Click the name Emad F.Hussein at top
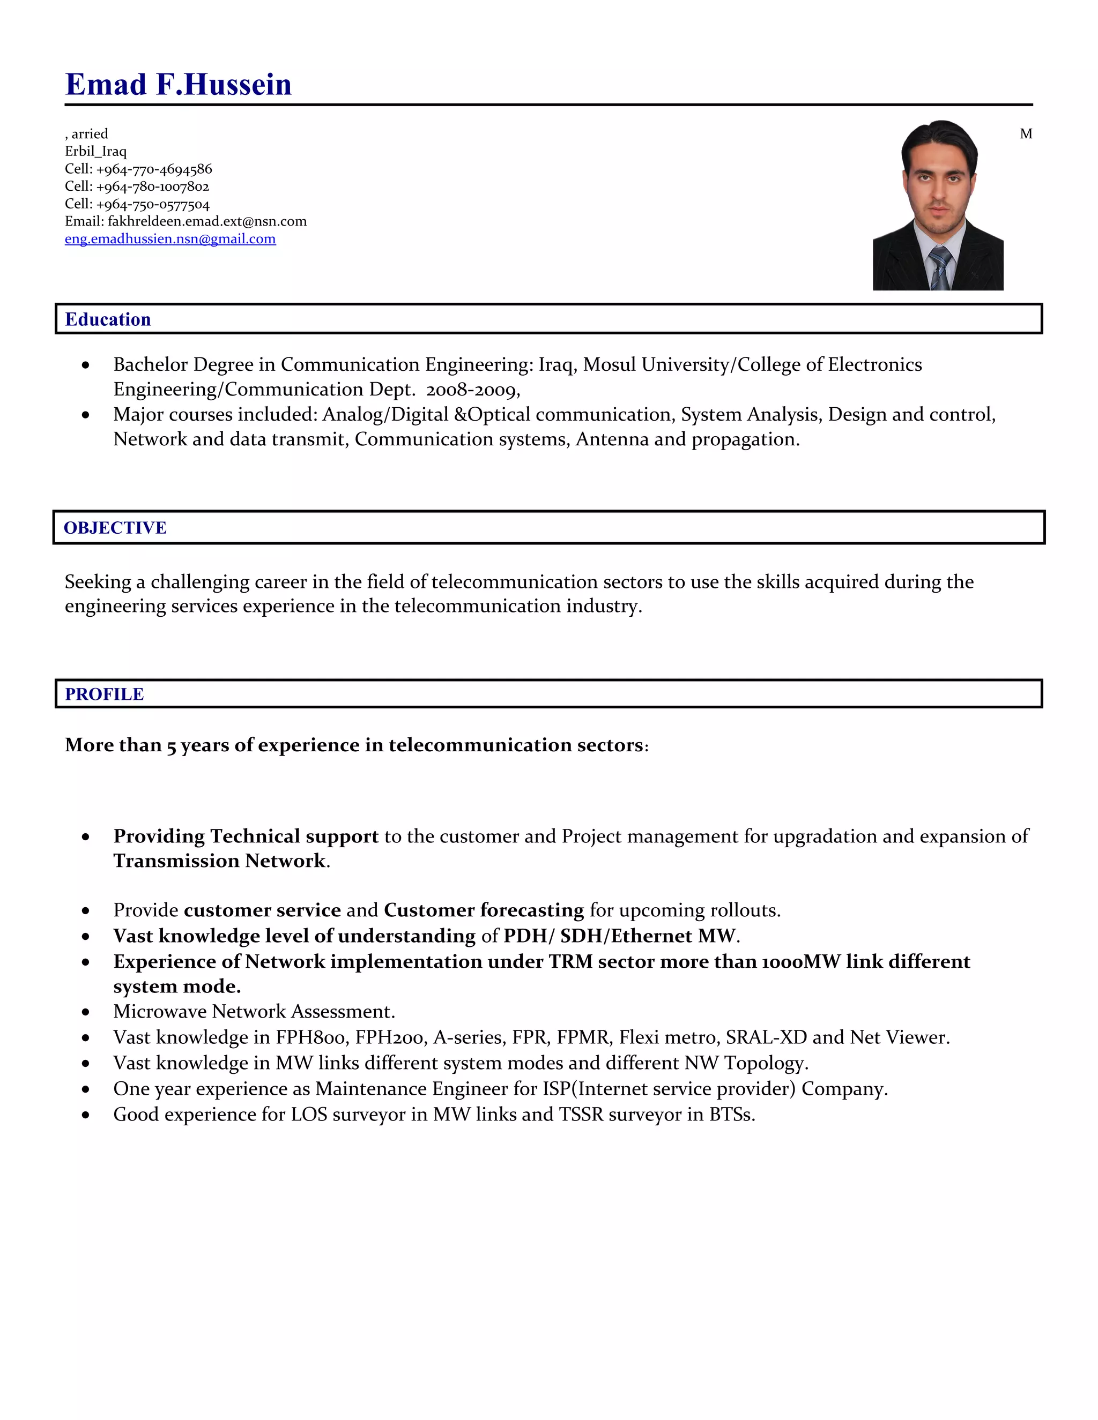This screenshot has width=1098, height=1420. click(178, 85)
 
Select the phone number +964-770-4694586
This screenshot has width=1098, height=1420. click(154, 169)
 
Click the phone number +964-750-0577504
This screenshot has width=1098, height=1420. click(153, 204)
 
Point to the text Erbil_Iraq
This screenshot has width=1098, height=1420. click(95, 152)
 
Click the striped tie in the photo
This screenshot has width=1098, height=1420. click(939, 268)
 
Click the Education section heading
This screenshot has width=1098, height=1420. click(108, 319)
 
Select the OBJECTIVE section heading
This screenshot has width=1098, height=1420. click(115, 527)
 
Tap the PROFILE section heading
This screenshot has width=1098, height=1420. click(104, 694)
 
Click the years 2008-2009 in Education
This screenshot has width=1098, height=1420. click(472, 390)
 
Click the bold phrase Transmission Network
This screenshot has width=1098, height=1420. click(219, 861)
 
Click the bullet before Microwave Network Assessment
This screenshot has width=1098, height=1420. click(86, 1012)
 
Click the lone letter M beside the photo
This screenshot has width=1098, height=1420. click(1026, 134)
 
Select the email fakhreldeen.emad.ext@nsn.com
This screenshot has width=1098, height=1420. click(207, 221)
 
